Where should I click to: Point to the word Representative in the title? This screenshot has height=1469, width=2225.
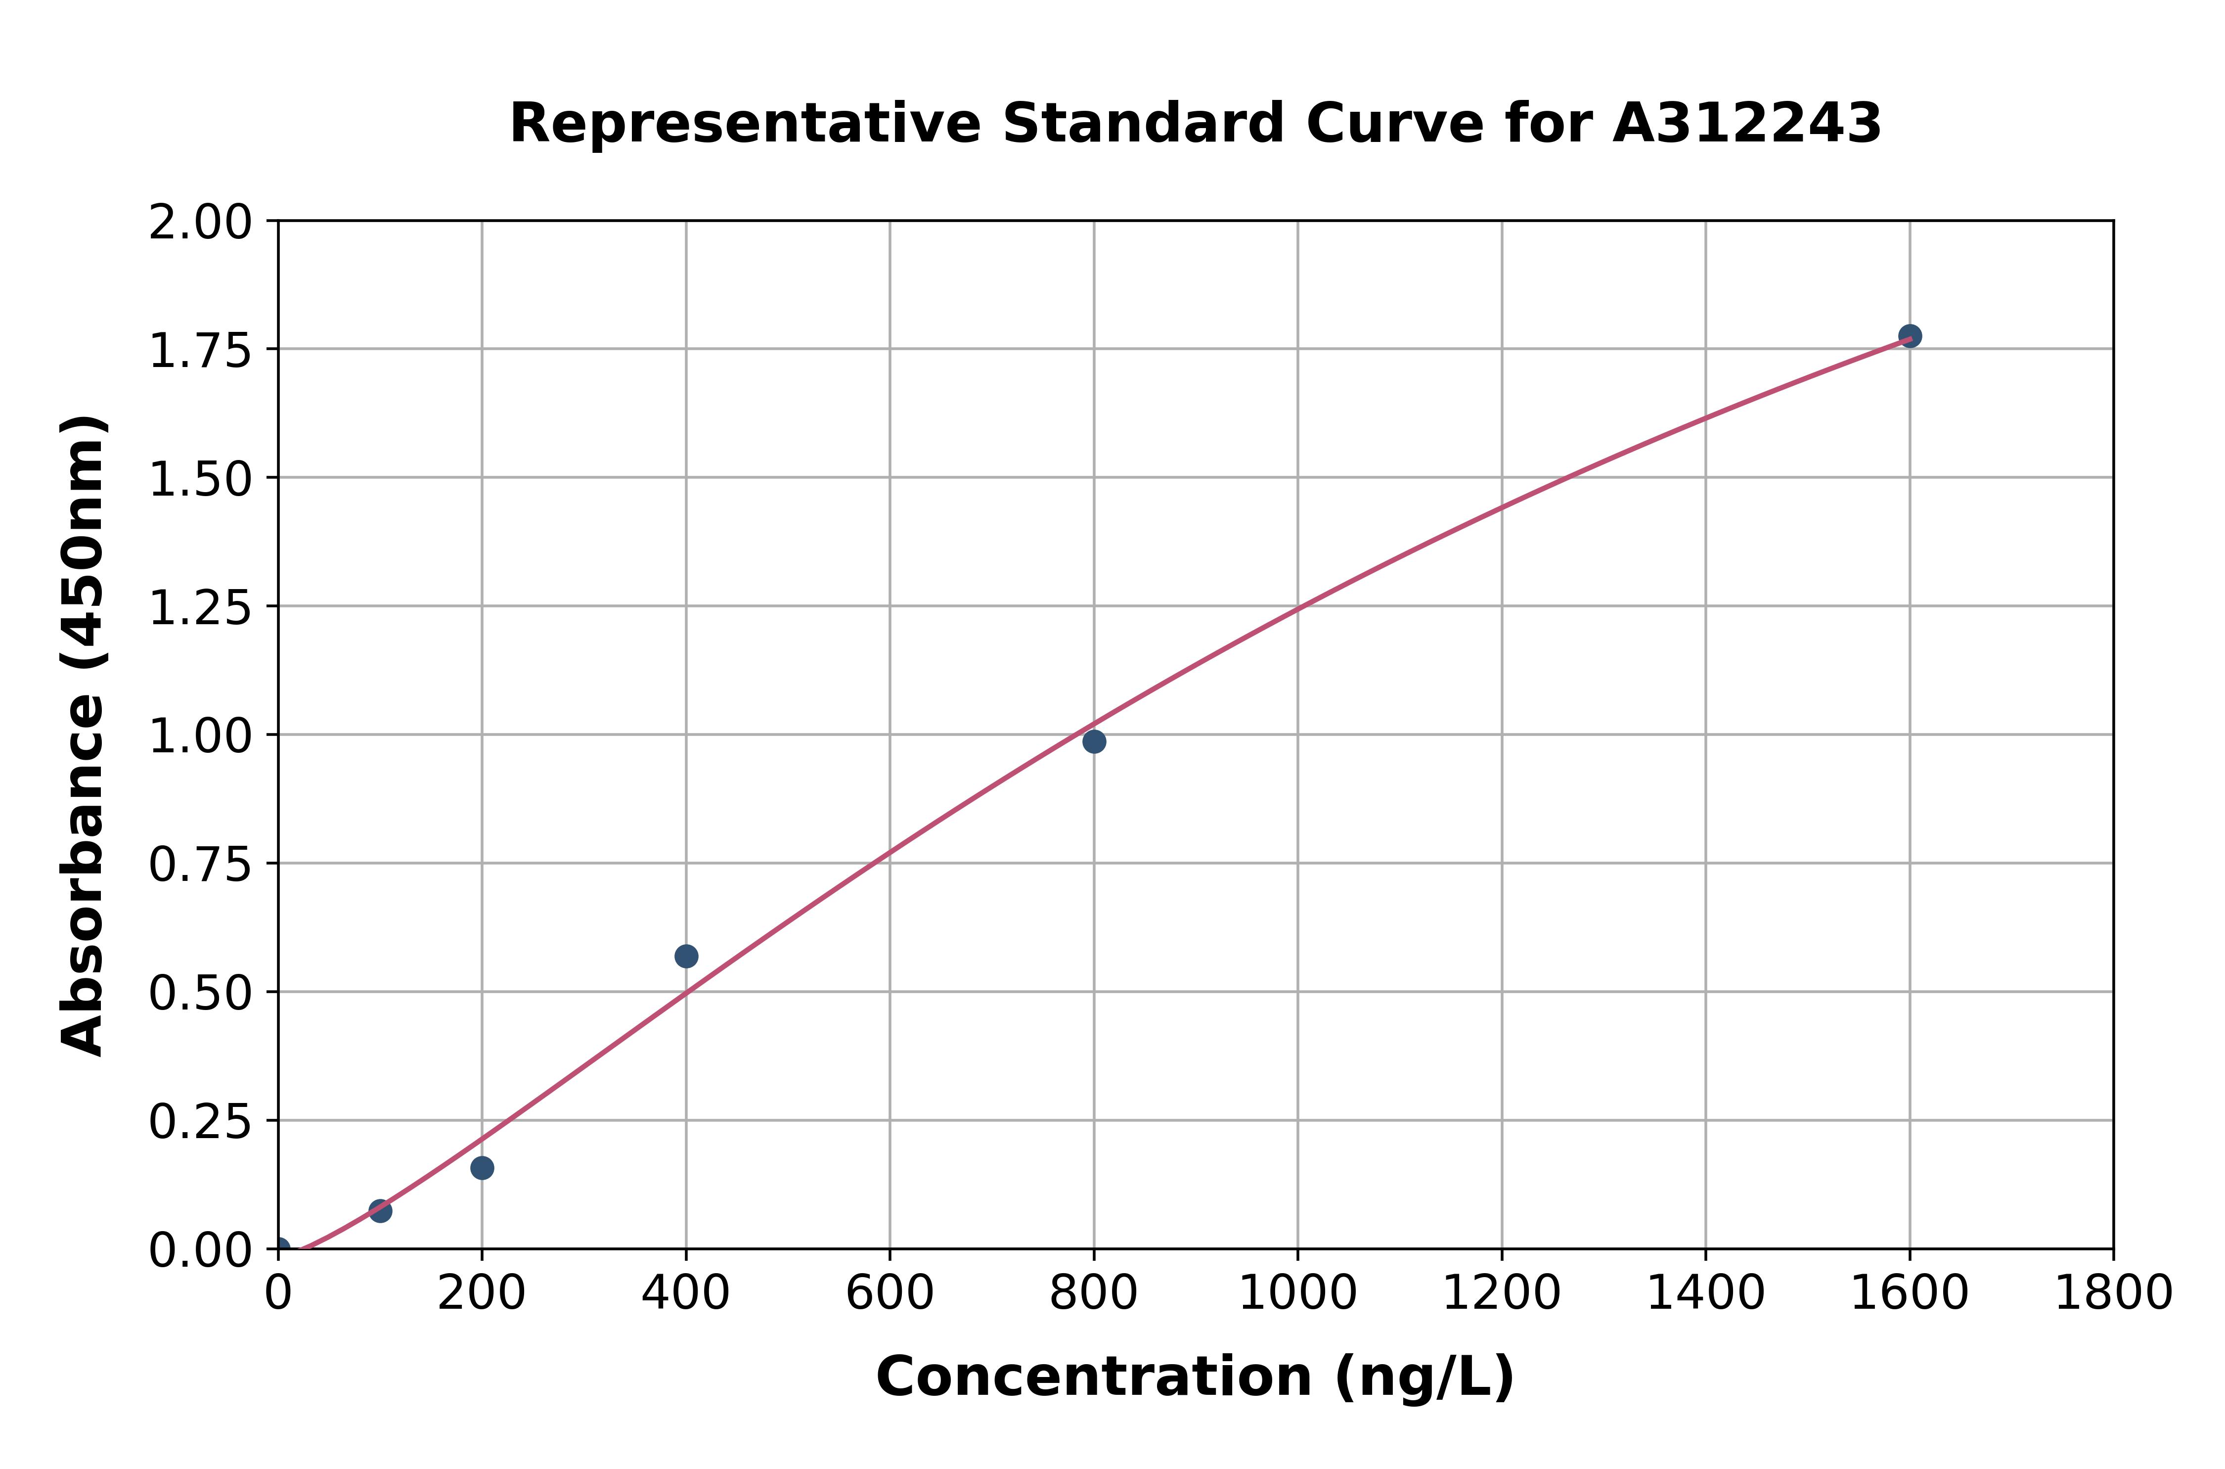click(x=745, y=124)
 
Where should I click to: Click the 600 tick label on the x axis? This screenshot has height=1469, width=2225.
click(x=890, y=1293)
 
